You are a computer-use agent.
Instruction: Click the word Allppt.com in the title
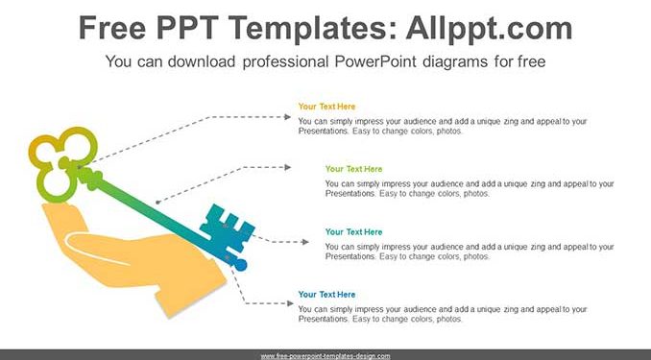pyautogui.click(x=489, y=29)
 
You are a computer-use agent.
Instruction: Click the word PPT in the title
pyautogui.click(x=187, y=28)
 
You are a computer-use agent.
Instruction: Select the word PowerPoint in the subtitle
pyautogui.click(x=374, y=61)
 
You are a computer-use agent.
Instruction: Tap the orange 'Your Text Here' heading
pyautogui.click(x=326, y=107)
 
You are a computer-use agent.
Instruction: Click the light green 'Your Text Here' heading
pyautogui.click(x=353, y=169)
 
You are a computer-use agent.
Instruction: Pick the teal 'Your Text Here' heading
pyautogui.click(x=353, y=231)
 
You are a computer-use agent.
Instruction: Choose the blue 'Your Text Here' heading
pyautogui.click(x=326, y=295)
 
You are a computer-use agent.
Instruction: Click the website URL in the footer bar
pyautogui.click(x=325, y=356)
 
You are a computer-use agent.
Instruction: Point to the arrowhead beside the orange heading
pyautogui.click(x=287, y=117)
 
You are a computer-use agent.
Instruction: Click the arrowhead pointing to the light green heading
pyautogui.click(x=287, y=167)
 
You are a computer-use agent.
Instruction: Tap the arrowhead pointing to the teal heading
pyautogui.click(x=305, y=242)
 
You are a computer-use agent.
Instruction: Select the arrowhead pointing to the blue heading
pyautogui.click(x=290, y=303)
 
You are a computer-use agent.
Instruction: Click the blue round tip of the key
pyautogui.click(x=240, y=265)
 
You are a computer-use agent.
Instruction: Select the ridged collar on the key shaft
pyautogui.click(x=90, y=178)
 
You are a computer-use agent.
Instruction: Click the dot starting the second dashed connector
pyautogui.click(x=157, y=203)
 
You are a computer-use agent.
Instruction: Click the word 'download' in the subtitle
pyautogui.click(x=201, y=61)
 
